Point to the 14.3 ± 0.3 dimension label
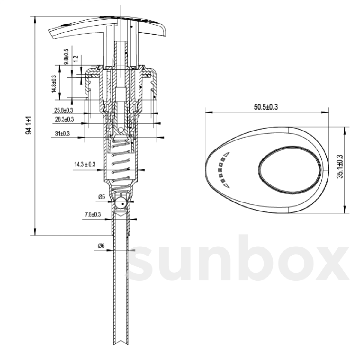(x=85, y=164)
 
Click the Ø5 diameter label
(x=101, y=197)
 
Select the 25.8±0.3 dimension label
(x=64, y=110)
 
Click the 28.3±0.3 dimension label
(x=64, y=119)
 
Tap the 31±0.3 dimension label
(x=62, y=134)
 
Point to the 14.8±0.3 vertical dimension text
(x=54, y=84)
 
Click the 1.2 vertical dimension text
(x=76, y=58)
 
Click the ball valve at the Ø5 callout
(x=122, y=203)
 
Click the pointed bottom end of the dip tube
(x=121, y=343)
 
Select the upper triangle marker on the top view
(x=227, y=154)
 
